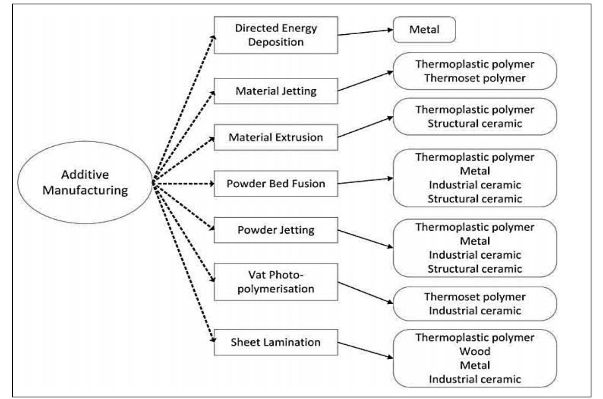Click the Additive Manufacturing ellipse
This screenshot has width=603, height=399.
[85, 182]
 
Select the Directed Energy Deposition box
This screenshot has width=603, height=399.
[276, 35]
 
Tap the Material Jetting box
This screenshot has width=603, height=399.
[276, 91]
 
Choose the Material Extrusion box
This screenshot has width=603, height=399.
[276, 137]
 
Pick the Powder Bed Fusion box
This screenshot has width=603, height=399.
[276, 183]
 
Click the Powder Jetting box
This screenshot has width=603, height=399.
[276, 230]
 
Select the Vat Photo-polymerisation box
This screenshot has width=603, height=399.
[276, 282]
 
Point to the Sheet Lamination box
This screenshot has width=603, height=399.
[276, 342]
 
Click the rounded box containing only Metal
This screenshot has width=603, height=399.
[424, 29]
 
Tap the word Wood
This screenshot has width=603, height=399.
[475, 351]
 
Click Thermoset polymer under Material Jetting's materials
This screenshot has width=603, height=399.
[475, 78]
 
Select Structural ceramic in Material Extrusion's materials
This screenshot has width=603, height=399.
[475, 124]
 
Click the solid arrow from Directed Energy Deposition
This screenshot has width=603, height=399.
[365, 32]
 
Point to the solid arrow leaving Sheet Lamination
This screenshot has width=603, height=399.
[365, 350]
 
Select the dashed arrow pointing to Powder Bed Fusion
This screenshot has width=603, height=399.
[183, 184]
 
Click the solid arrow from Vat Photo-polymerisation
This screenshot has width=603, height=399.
[365, 293]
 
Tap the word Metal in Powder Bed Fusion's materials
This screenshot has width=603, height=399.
[475, 171]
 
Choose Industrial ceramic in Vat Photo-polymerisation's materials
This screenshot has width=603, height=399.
[475, 311]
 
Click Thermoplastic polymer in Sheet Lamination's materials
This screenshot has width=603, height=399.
[475, 337]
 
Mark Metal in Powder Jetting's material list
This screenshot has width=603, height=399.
[475, 241]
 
